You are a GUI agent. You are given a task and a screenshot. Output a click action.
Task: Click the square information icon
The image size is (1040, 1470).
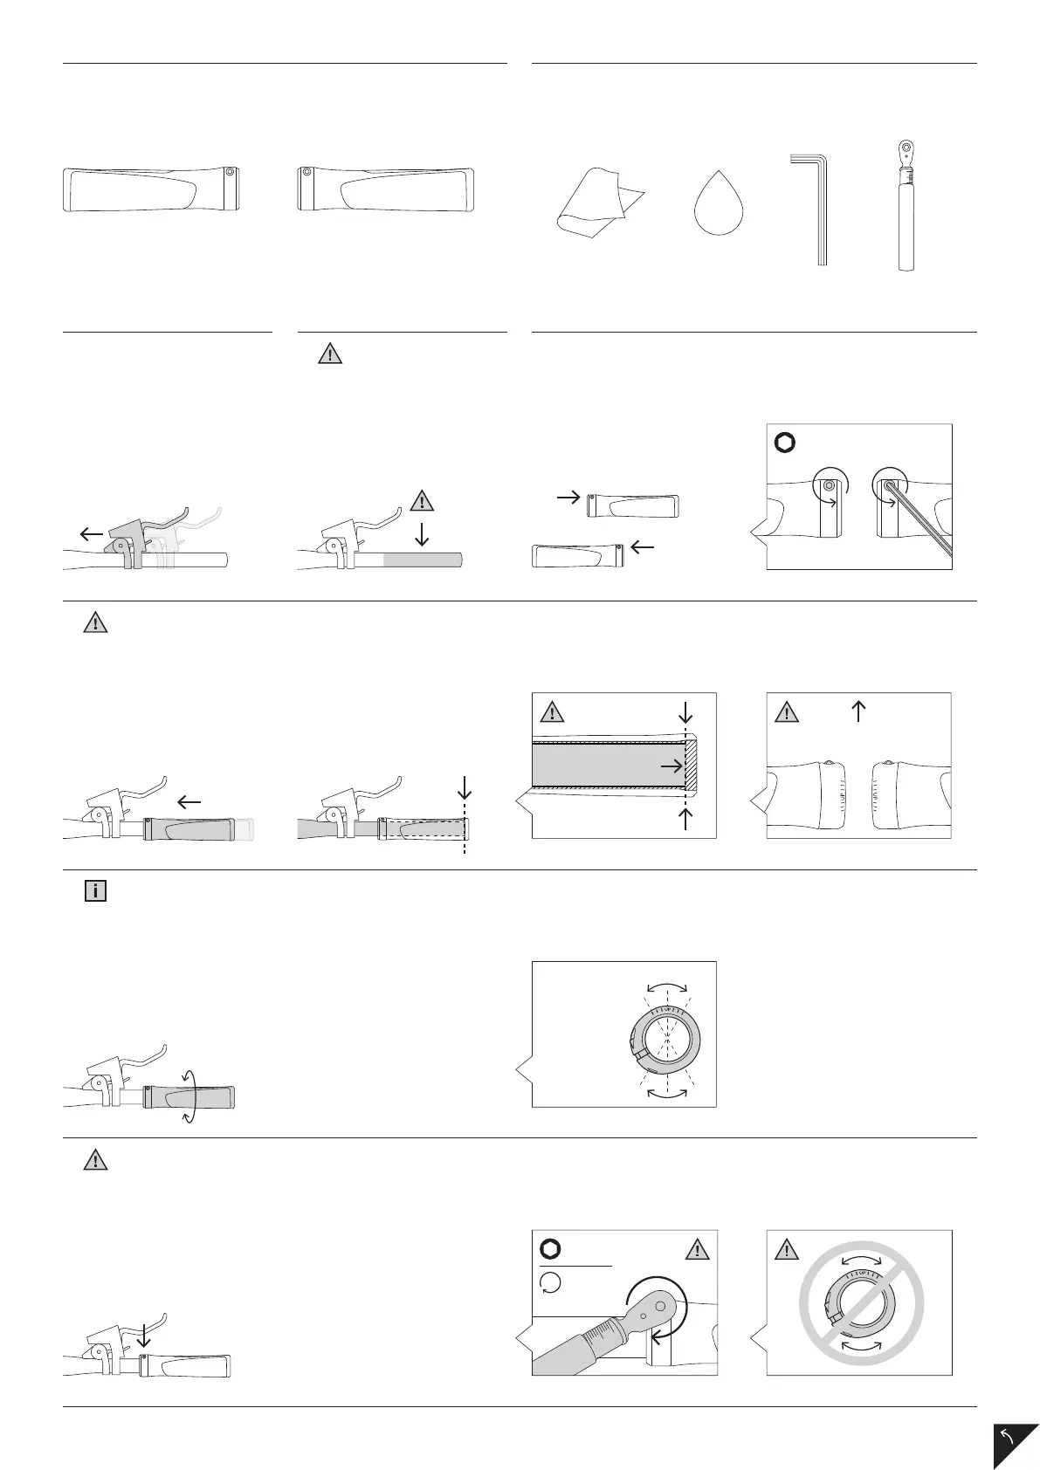(95, 891)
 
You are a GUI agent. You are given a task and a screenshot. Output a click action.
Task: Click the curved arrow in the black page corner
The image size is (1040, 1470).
(1010, 1436)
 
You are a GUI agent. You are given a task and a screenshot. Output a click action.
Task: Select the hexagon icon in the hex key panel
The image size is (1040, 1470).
(785, 443)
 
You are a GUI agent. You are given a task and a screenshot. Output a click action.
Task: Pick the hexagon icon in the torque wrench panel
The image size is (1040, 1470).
(551, 1249)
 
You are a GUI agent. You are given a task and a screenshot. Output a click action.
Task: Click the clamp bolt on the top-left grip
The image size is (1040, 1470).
(230, 173)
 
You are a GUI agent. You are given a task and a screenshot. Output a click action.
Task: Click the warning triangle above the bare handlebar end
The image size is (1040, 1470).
(422, 501)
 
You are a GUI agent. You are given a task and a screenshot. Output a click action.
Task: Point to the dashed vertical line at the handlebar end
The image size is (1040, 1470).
(465, 824)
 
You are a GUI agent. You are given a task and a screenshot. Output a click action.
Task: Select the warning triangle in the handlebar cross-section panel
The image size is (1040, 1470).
(551, 712)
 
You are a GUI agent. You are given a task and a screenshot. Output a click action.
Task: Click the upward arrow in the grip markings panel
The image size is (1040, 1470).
(858, 711)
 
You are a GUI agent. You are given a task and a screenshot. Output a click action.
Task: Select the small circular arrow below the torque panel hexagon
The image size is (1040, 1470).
(551, 1282)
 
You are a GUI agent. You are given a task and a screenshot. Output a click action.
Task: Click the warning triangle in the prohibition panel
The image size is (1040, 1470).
(787, 1251)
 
